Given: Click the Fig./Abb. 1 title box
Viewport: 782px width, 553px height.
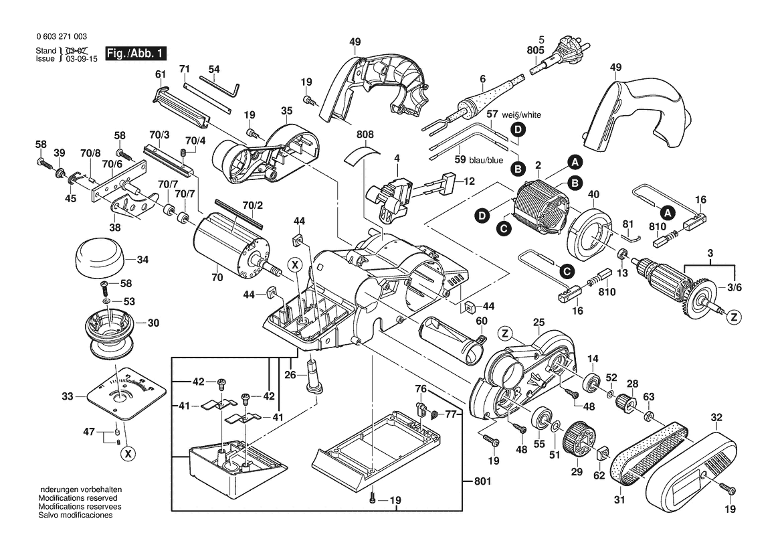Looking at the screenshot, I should (132, 53).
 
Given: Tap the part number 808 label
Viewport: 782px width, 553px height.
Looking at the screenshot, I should (365, 135).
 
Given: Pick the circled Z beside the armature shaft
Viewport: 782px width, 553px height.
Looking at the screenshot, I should (734, 317).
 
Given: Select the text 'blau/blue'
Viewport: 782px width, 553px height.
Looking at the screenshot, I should (486, 160).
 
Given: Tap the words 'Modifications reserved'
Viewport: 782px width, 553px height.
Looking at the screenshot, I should (78, 499).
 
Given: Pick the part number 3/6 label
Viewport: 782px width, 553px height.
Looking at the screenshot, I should (735, 287).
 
